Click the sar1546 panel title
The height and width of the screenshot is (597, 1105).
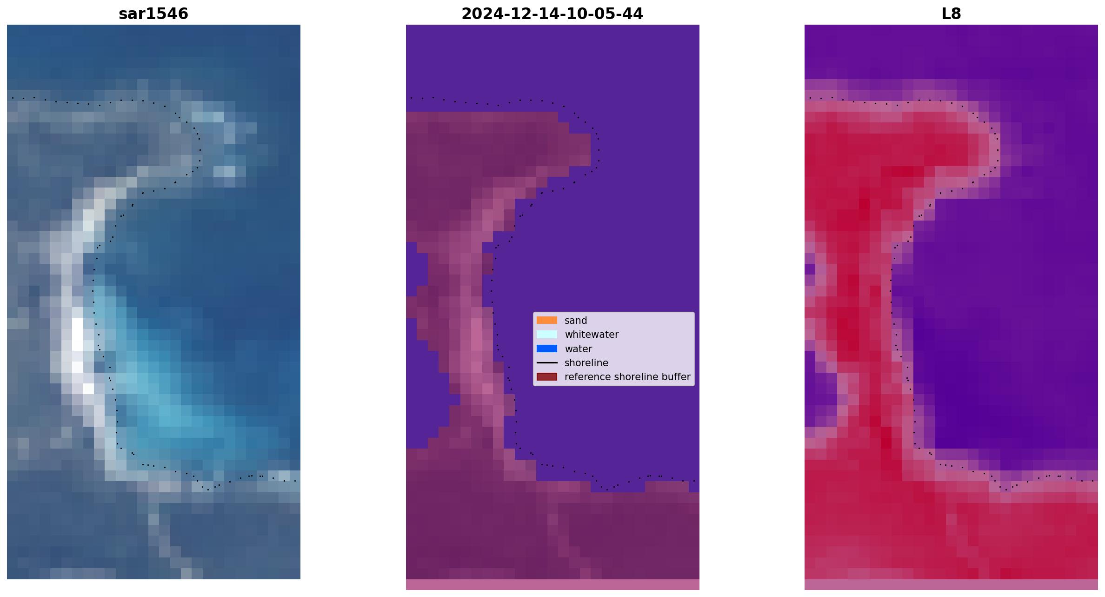point(153,13)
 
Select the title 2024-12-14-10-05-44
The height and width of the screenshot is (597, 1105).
point(552,13)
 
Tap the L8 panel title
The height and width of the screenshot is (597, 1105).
point(951,13)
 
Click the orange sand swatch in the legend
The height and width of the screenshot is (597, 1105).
point(547,320)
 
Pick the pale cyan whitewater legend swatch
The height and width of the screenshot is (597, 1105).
point(547,334)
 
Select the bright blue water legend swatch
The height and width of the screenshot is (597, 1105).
point(547,349)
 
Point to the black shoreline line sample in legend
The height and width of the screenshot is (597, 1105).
point(547,362)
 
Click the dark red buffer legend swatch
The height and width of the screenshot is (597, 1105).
point(547,376)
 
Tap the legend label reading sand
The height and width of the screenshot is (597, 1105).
point(576,321)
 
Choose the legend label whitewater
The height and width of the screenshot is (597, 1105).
point(592,335)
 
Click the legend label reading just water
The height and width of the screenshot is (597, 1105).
point(578,349)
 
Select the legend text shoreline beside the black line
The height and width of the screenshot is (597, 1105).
point(586,362)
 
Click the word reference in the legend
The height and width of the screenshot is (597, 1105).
point(586,377)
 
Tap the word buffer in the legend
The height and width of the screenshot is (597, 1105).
point(675,377)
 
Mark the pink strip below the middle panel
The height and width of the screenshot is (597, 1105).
point(552,584)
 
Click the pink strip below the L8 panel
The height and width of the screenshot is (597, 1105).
point(951,584)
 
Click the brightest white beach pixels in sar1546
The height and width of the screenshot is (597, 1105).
point(78,335)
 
